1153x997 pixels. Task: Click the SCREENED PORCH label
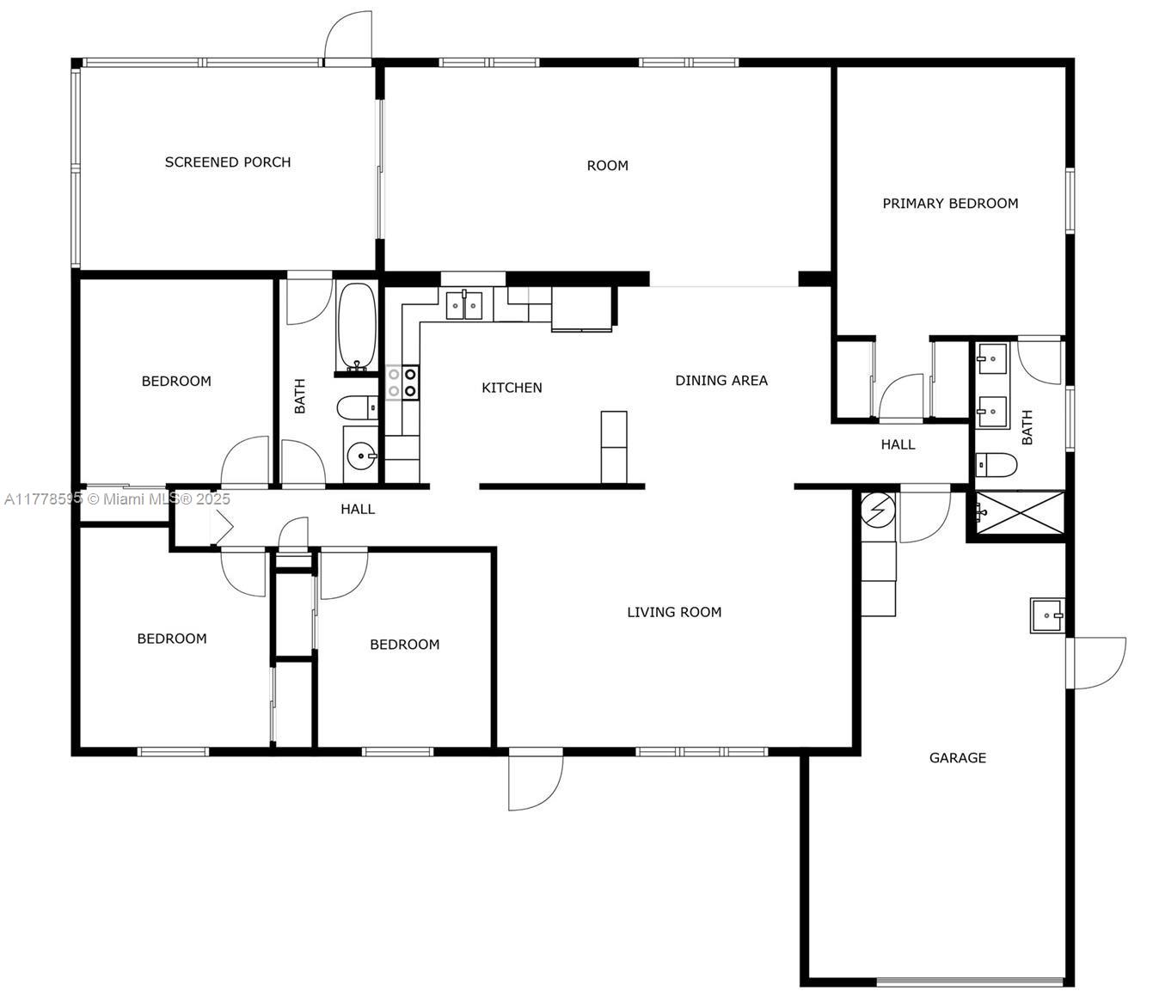(228, 162)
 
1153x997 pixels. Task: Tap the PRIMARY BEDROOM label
(950, 204)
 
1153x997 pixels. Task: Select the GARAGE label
(957, 758)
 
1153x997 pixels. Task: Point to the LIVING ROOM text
(674, 612)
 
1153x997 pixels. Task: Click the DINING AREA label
(721, 380)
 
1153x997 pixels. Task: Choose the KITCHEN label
(512, 388)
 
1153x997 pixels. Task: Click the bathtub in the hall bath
(357, 327)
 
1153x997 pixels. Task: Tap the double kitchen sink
(463, 305)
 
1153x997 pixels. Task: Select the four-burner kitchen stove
(402, 382)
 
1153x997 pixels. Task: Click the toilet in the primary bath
(997, 464)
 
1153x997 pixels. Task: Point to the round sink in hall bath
(361, 456)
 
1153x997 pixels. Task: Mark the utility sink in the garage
(1047, 615)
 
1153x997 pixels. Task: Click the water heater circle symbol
(878, 510)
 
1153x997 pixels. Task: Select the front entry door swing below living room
(536, 780)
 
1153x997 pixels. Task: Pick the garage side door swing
(1095, 663)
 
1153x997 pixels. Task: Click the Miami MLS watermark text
(117, 498)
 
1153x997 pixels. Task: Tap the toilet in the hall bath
(357, 407)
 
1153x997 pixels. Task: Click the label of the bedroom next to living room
(404, 645)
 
